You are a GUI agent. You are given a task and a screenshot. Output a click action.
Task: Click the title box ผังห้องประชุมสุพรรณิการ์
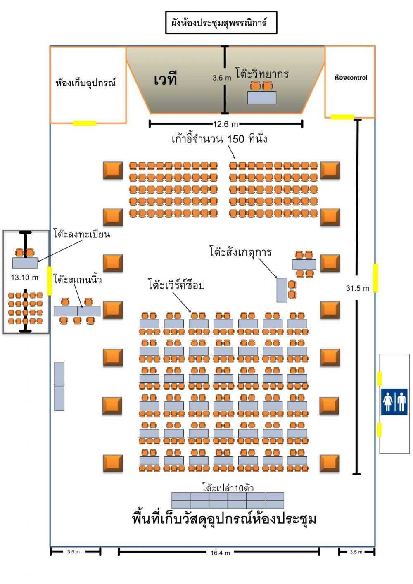pos(221,23)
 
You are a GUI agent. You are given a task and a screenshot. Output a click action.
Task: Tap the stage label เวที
pos(165,78)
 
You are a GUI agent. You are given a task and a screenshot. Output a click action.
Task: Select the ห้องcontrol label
pos(351,77)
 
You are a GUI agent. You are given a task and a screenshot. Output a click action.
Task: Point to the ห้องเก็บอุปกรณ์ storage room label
pos(86,83)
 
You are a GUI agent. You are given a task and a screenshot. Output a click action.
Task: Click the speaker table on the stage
pos(261,98)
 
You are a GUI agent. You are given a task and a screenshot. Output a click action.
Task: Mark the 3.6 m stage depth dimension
pos(221,78)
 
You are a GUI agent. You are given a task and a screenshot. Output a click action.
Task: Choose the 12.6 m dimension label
pos(225,124)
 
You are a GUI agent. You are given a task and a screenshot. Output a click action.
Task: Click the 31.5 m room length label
pos(357,288)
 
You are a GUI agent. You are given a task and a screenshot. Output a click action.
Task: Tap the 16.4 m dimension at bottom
pos(220,553)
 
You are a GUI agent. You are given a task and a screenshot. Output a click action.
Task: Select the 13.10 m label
pos(24,278)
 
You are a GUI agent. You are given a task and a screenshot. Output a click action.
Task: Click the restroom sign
pos(394,401)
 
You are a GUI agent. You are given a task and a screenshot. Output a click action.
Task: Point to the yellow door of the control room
pos(342,117)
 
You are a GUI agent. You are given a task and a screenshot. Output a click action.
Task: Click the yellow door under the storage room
pos(84,123)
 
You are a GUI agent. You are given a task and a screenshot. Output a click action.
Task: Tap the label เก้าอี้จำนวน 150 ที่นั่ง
pos(219,139)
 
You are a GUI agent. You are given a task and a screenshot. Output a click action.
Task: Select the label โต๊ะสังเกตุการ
pos(240,252)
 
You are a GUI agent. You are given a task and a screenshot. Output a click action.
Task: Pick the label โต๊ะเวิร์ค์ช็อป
pos(176,285)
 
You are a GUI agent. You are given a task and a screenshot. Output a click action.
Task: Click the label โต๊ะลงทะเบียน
pos(82,234)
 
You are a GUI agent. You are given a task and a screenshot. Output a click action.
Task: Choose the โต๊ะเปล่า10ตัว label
pos(228,488)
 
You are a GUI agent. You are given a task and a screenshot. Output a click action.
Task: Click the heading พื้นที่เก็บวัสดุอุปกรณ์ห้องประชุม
pos(224,519)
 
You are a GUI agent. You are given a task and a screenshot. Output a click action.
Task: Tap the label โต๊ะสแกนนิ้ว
pos(78,280)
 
